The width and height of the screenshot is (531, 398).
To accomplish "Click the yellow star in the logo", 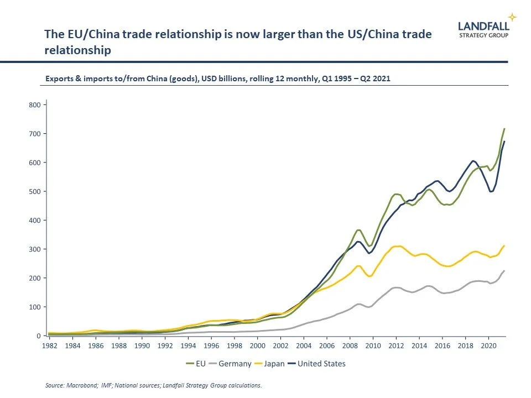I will click(513, 17).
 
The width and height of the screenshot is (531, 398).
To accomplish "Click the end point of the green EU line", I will click(504, 129).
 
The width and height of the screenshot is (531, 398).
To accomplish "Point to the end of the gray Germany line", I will click(504, 271).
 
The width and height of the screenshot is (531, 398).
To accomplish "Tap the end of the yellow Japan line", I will click(504, 245).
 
